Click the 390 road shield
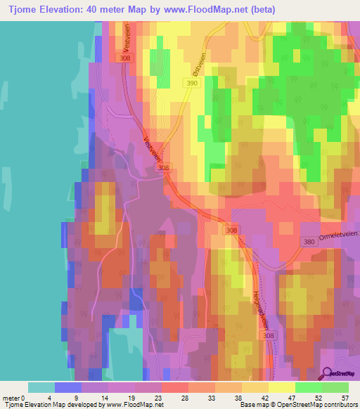coord(192,84)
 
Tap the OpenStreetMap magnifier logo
coord(328,374)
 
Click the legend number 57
coord(344,398)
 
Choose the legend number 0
coord(23,398)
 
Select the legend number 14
coord(103,398)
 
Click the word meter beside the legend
coord(11,398)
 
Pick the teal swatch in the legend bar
coord(41,387)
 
